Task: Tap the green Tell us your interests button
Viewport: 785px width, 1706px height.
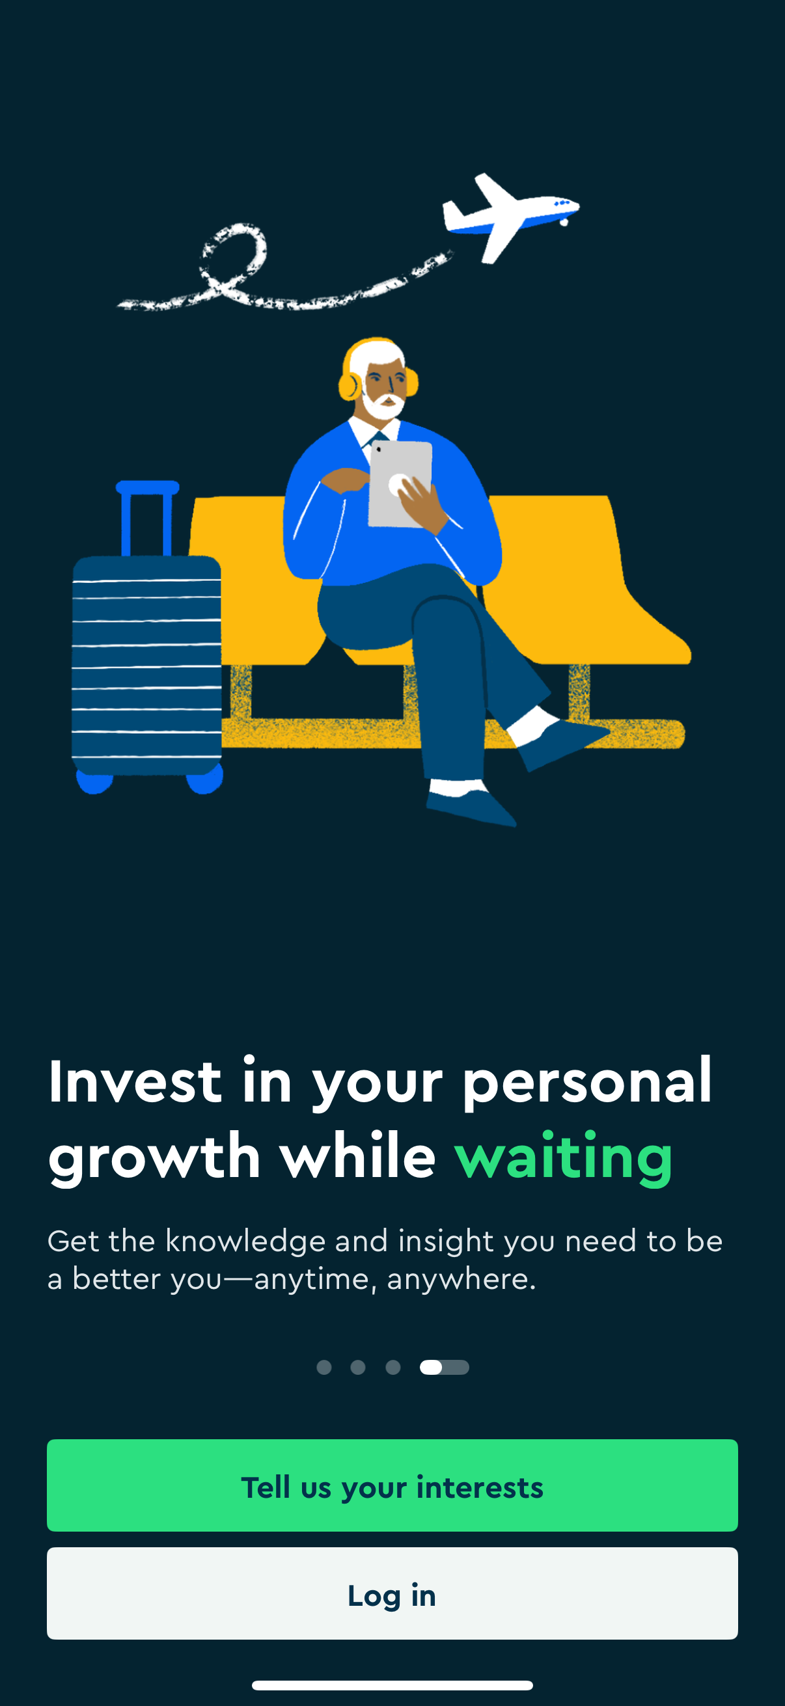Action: tap(392, 1485)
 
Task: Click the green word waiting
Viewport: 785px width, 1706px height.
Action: tap(564, 1157)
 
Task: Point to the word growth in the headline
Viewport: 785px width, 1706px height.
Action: tap(154, 1157)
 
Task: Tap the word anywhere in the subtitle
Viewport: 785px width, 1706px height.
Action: tap(461, 1279)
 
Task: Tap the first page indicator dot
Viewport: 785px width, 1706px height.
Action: tap(324, 1367)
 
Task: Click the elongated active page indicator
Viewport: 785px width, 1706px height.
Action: tap(445, 1367)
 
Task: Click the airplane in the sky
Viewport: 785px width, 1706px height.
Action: tap(510, 216)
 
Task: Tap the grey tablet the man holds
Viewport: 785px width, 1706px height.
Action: tap(400, 484)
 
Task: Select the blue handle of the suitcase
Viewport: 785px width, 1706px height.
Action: tap(147, 517)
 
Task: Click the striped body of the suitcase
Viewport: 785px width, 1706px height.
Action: tap(146, 666)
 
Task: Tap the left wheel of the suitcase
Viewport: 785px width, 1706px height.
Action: tap(94, 781)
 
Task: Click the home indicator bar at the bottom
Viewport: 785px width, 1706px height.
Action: tap(392, 1685)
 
